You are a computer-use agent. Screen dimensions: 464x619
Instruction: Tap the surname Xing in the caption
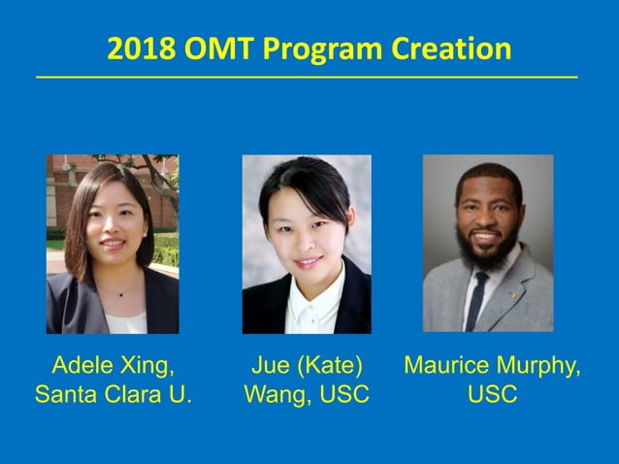click(x=146, y=366)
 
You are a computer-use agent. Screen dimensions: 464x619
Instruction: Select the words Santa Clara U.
click(x=114, y=395)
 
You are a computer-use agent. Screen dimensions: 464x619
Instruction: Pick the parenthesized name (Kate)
click(x=330, y=366)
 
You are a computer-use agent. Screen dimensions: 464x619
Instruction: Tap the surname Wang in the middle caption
click(x=275, y=395)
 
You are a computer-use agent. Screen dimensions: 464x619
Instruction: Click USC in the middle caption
click(x=343, y=395)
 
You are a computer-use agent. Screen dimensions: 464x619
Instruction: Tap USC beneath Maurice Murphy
click(x=492, y=395)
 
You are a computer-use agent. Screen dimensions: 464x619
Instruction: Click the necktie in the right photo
click(x=476, y=303)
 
